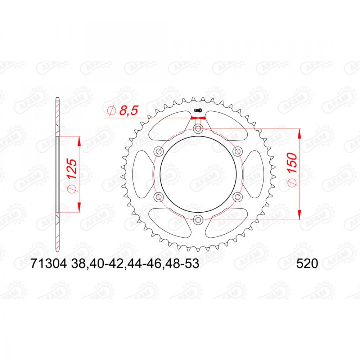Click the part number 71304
49,264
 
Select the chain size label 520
307,264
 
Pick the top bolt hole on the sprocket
198,129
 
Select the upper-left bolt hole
158,151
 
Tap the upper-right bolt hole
237,151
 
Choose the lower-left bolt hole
158,197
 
